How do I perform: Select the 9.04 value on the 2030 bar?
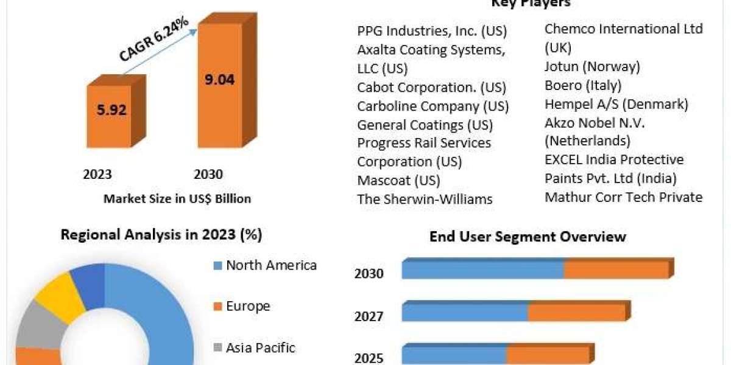click(219, 79)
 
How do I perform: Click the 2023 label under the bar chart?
click(97, 175)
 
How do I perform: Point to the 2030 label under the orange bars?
click(208, 175)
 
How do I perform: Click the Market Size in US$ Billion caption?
click(177, 198)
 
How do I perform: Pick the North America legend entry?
click(271, 265)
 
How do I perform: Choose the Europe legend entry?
click(248, 306)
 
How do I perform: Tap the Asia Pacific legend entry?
click(260, 348)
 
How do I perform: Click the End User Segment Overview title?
click(528, 236)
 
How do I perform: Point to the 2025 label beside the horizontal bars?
click(369, 358)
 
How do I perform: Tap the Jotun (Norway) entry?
click(592, 66)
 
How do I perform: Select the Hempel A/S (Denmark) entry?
click(616, 104)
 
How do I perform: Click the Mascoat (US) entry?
click(398, 180)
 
